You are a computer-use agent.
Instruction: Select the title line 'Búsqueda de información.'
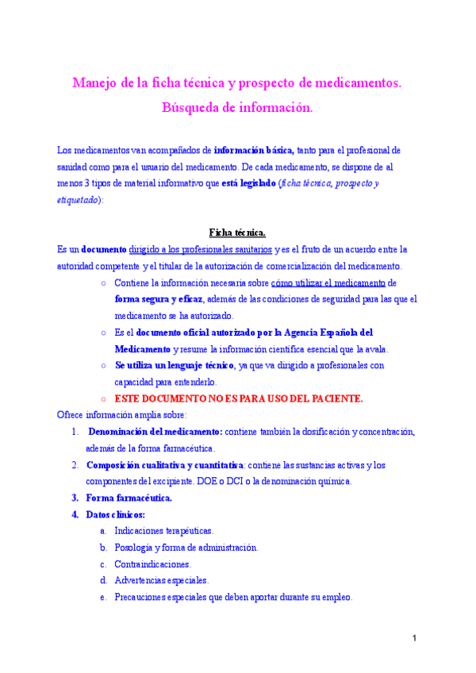pyautogui.click(x=237, y=106)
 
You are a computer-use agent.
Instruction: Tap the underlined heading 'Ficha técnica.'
pyautogui.click(x=237, y=233)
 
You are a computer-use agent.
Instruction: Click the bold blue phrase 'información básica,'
pyautogui.click(x=254, y=149)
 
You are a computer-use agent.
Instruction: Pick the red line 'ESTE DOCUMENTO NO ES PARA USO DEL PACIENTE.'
pyautogui.click(x=239, y=398)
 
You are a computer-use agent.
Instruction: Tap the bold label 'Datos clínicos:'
pyautogui.click(x=121, y=515)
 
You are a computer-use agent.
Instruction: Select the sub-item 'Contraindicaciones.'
pyautogui.click(x=152, y=564)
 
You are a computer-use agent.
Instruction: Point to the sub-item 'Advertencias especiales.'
pyautogui.click(x=161, y=581)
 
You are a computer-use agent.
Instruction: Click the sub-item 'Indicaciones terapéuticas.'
pyautogui.click(x=163, y=531)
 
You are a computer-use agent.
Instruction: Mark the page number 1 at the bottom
pyautogui.click(x=415, y=640)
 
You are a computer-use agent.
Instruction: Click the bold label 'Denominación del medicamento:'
pyautogui.click(x=155, y=432)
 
